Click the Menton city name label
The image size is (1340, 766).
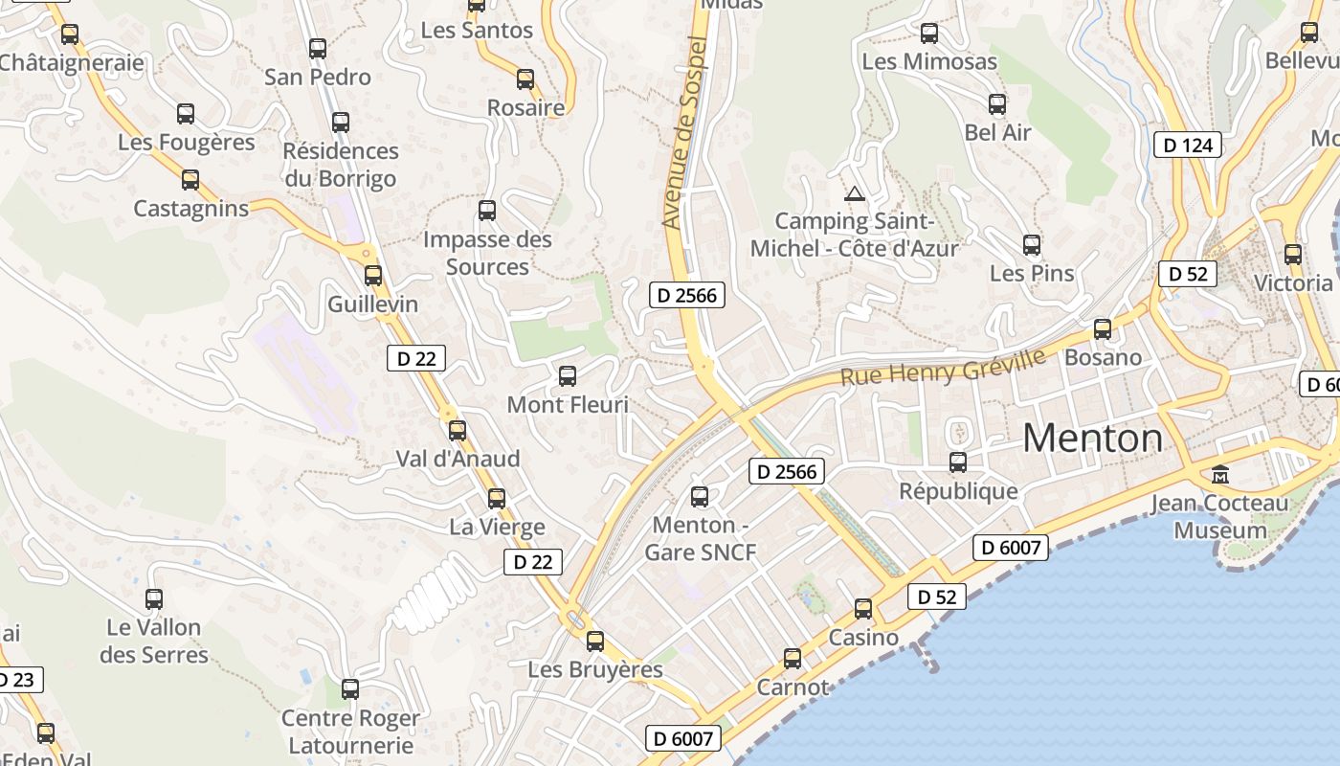(x=1093, y=439)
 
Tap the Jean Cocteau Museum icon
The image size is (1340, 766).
(x=1220, y=474)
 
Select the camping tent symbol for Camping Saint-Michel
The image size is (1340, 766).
(x=854, y=193)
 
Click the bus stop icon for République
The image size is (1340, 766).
(x=958, y=462)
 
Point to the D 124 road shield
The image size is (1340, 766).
(x=1188, y=146)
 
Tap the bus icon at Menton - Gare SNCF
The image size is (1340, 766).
(x=700, y=496)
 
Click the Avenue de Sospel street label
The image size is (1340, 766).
(x=684, y=134)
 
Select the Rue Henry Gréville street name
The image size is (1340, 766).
(x=943, y=366)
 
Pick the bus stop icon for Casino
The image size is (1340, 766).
(x=863, y=609)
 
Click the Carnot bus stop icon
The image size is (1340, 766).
(x=793, y=659)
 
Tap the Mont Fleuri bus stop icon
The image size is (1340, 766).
(x=568, y=376)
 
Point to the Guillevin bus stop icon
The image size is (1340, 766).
(x=373, y=276)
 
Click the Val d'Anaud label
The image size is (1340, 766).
(x=458, y=459)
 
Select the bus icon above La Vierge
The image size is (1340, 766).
(x=496, y=498)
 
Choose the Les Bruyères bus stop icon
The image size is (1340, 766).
(x=595, y=642)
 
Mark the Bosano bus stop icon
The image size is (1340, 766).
(x=1103, y=329)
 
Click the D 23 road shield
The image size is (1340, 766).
(x=16, y=681)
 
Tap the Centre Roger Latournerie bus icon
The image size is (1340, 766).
(x=350, y=689)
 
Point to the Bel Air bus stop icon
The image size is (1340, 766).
(x=997, y=104)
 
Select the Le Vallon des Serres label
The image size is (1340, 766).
(x=154, y=642)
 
